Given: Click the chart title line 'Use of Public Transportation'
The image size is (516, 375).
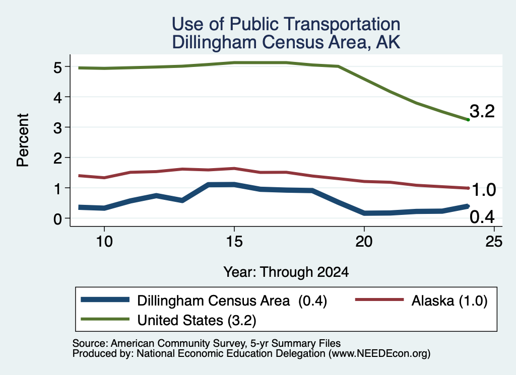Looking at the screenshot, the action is click(x=286, y=24).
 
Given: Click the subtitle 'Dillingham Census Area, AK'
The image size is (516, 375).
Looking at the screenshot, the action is click(x=286, y=42).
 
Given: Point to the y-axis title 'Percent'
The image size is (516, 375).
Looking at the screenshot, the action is click(x=23, y=140).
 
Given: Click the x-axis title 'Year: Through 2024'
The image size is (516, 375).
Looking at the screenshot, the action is click(x=286, y=272).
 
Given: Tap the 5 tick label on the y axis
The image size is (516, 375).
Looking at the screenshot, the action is click(x=57, y=67).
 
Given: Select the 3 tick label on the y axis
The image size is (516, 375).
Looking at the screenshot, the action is click(x=57, y=128).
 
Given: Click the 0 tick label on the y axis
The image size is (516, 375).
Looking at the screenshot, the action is click(x=57, y=219).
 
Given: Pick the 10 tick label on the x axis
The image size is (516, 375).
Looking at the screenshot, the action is click(x=104, y=242).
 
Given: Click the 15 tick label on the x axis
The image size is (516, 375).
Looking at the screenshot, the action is click(x=234, y=242).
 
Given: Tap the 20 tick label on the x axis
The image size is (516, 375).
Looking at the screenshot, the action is click(x=364, y=242).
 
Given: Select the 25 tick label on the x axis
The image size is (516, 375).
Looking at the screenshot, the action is click(x=494, y=242).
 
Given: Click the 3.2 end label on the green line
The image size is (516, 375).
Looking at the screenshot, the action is click(x=482, y=111).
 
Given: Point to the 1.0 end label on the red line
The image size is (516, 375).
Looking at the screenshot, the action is click(x=484, y=190).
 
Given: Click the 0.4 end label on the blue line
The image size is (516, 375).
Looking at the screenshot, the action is click(x=482, y=217).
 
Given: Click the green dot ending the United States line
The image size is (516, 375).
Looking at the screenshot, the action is click(x=468, y=120).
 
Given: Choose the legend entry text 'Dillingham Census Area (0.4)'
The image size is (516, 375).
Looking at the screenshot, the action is click(x=232, y=301).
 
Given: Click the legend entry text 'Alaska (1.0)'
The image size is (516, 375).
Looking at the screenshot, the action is click(x=449, y=301).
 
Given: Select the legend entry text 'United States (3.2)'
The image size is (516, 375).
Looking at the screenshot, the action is click(x=197, y=320).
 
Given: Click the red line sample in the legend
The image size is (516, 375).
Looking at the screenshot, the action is click(x=379, y=299).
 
